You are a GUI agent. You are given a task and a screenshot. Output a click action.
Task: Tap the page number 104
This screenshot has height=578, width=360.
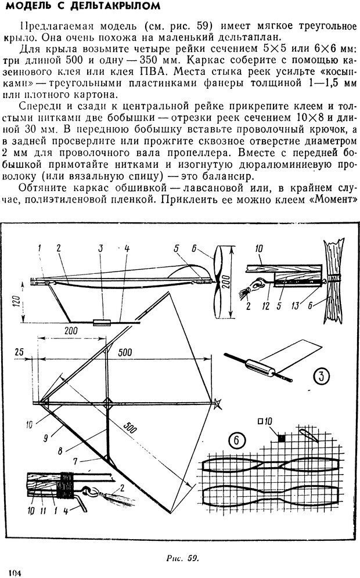tap(13, 572)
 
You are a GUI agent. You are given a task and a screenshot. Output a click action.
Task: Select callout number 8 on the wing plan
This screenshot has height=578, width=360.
tap(77, 449)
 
